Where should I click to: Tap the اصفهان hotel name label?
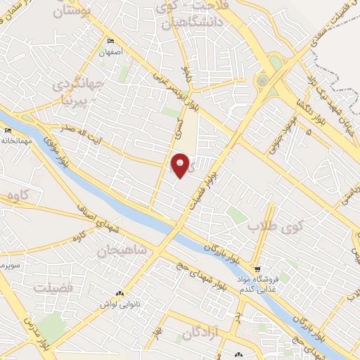tap(111, 51)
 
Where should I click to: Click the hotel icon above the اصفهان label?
tap(111, 41)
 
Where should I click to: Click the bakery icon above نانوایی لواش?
tap(119, 294)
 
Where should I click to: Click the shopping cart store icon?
tap(258, 269)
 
